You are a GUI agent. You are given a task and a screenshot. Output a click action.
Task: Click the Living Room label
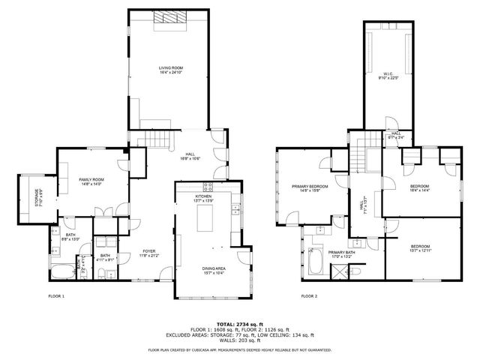(171, 70)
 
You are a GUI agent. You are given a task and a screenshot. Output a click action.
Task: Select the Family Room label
(91, 181)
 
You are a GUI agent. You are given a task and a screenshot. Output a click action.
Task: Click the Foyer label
(149, 253)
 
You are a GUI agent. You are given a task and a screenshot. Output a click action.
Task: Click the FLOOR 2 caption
(309, 296)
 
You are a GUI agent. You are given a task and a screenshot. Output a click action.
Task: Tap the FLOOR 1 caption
(57, 296)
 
